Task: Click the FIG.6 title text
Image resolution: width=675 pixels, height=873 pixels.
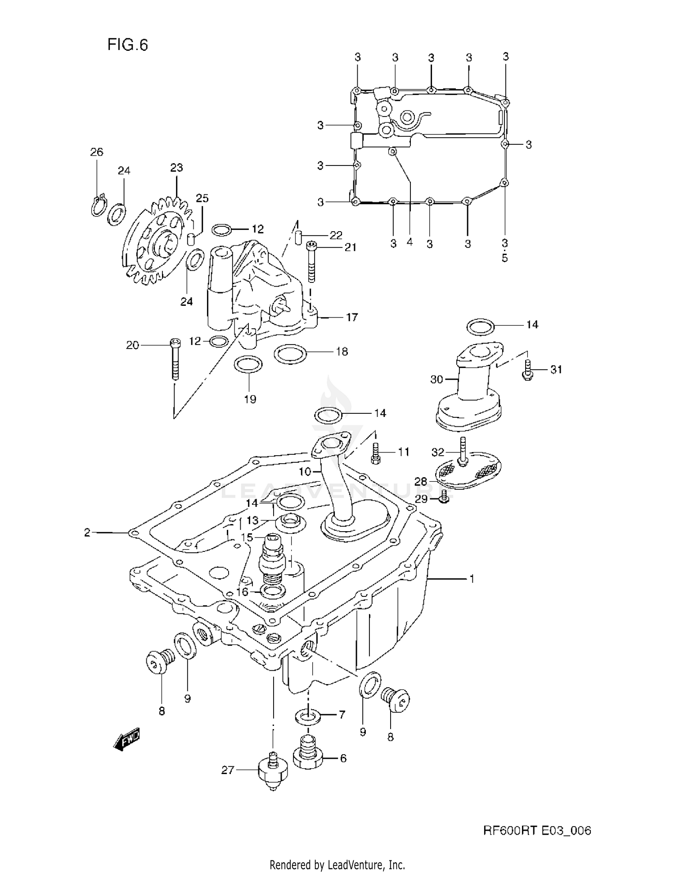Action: click(127, 45)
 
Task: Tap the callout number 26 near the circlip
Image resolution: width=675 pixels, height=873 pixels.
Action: click(96, 152)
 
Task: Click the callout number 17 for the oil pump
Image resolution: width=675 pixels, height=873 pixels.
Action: click(352, 317)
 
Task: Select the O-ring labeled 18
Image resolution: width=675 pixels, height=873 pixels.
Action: click(290, 354)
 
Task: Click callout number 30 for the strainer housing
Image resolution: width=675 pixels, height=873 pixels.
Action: click(436, 380)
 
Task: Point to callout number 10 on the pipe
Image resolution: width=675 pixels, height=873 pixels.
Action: click(305, 472)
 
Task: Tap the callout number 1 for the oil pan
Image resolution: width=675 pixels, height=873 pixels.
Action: click(472, 579)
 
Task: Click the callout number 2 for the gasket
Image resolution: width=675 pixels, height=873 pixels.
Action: click(87, 533)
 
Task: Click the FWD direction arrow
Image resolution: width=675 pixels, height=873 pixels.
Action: click(127, 740)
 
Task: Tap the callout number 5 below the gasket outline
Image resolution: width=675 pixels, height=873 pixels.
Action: click(504, 258)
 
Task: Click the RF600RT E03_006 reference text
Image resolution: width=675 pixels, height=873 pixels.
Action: click(537, 831)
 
